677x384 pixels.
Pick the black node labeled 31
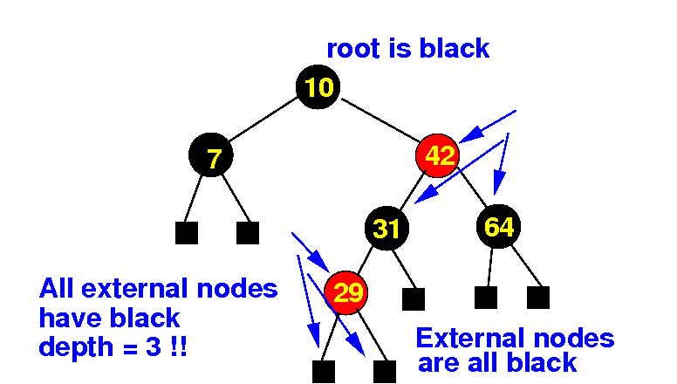[x=386, y=229]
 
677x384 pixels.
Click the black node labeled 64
[x=499, y=227]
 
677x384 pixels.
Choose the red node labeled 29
[x=347, y=292]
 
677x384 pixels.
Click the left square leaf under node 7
[x=186, y=233]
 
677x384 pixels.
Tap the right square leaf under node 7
[x=248, y=233]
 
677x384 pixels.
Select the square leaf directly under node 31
[x=413, y=299]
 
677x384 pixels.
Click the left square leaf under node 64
[x=486, y=298]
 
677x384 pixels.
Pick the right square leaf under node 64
[x=538, y=298]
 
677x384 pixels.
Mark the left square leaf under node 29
[x=323, y=372]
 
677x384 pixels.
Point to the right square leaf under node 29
[x=384, y=372]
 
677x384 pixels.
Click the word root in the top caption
[x=353, y=49]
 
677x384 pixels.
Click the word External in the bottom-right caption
[x=469, y=338]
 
